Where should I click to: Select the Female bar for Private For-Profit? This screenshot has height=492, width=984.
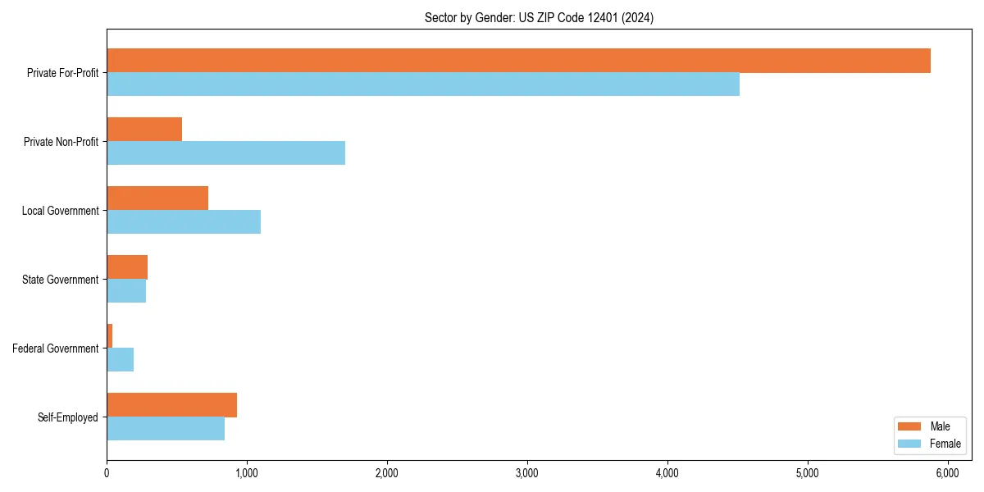tap(423, 84)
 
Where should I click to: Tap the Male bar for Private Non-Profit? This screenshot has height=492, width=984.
tap(144, 130)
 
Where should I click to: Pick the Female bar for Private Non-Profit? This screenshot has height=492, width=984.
tap(225, 153)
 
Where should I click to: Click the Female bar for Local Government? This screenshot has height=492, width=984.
tap(184, 222)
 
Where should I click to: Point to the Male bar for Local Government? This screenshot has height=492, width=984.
tap(157, 198)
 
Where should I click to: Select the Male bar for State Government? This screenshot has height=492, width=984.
tap(127, 267)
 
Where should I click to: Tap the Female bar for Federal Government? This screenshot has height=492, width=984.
tap(121, 360)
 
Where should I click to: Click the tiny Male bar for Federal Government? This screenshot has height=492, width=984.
tap(110, 336)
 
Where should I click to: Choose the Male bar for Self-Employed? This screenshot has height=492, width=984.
tap(171, 405)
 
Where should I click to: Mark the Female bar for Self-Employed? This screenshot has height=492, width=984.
tap(166, 429)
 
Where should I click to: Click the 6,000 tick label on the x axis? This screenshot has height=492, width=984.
tap(947, 473)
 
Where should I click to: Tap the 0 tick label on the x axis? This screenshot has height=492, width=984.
tap(107, 473)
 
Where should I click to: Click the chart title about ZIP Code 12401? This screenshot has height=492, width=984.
tap(539, 18)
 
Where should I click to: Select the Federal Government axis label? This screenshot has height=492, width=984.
tap(56, 348)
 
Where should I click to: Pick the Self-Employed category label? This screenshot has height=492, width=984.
tap(68, 417)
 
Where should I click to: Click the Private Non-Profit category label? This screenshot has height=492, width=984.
tap(61, 142)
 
